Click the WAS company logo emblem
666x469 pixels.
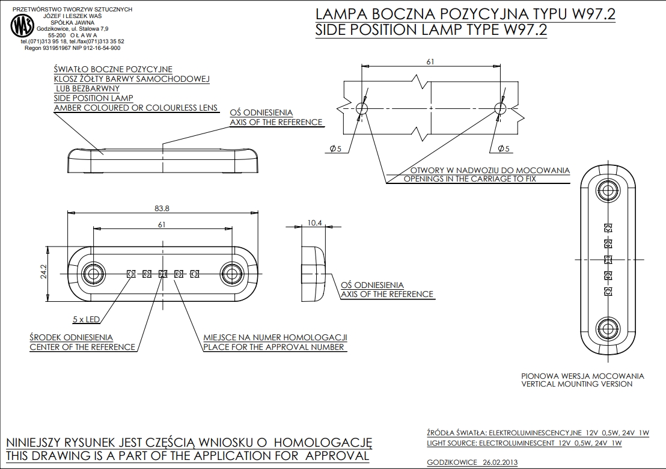[22, 26]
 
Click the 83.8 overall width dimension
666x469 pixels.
[161, 208]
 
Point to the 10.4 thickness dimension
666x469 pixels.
[315, 223]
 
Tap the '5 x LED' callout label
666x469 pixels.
[85, 319]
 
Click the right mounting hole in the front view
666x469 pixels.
[231, 274]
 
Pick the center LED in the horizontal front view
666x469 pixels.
[162, 274]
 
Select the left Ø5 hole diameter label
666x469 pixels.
[335, 149]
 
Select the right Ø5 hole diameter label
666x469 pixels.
[504, 149]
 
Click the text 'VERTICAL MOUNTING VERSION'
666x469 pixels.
[576, 384]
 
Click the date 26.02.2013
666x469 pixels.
[500, 462]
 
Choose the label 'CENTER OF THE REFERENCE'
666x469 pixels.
[82, 347]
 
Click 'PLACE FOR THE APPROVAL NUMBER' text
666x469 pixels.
[273, 347]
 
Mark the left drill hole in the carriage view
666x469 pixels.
[362, 108]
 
